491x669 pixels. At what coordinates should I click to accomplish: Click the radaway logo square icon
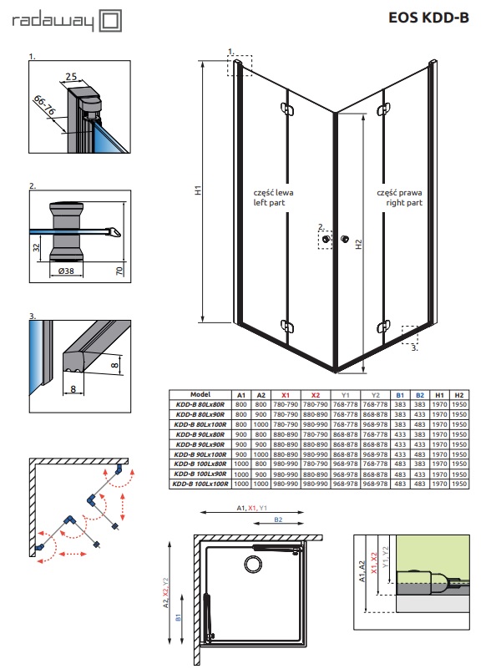(110, 22)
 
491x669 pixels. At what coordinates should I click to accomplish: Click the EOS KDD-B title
(428, 18)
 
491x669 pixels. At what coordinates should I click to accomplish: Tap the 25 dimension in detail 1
(71, 76)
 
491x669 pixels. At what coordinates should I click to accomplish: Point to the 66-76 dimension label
(44, 106)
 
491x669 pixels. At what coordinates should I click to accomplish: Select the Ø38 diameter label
(66, 271)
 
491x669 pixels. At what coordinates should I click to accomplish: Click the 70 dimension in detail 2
(119, 270)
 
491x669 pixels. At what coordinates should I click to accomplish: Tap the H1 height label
(199, 190)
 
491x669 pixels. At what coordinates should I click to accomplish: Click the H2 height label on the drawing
(359, 244)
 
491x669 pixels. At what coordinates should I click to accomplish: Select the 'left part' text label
(269, 203)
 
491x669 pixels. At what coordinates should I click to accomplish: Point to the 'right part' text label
(404, 203)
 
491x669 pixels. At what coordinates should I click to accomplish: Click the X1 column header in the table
(286, 395)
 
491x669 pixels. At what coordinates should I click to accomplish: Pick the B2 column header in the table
(420, 395)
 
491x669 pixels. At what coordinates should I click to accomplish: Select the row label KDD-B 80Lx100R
(200, 424)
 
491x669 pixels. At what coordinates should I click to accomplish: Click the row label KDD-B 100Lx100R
(200, 484)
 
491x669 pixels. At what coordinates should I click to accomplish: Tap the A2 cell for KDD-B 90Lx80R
(261, 434)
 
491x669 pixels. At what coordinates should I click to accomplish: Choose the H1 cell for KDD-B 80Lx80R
(439, 404)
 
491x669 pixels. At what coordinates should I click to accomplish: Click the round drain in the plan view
(252, 563)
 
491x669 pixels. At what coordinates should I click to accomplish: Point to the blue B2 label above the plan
(278, 519)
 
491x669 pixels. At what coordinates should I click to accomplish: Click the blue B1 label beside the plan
(179, 617)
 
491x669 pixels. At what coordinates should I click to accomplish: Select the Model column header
(200, 395)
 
